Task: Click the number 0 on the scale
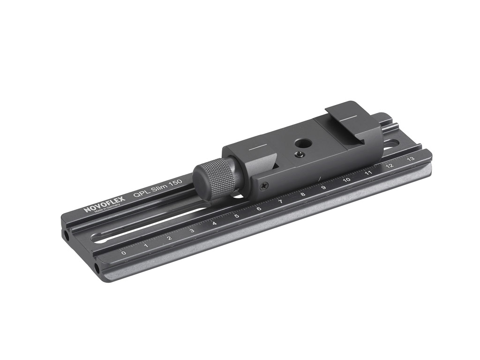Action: pos(123,253)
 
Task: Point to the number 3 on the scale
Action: pos(192,231)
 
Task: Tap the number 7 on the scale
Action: pos(280,202)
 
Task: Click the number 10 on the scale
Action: pos(347,180)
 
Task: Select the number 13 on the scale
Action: pos(411,159)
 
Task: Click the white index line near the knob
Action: pos(257,147)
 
